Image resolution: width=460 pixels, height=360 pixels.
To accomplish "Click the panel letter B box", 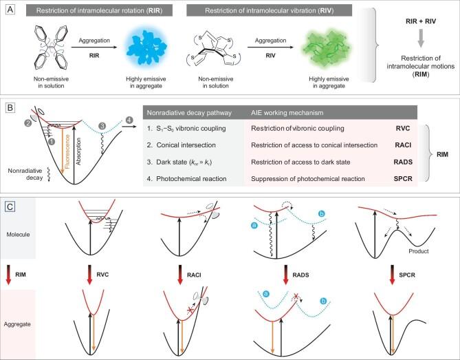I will point(10,109).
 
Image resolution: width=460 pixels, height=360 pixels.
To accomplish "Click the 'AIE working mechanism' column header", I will point(288,114).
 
